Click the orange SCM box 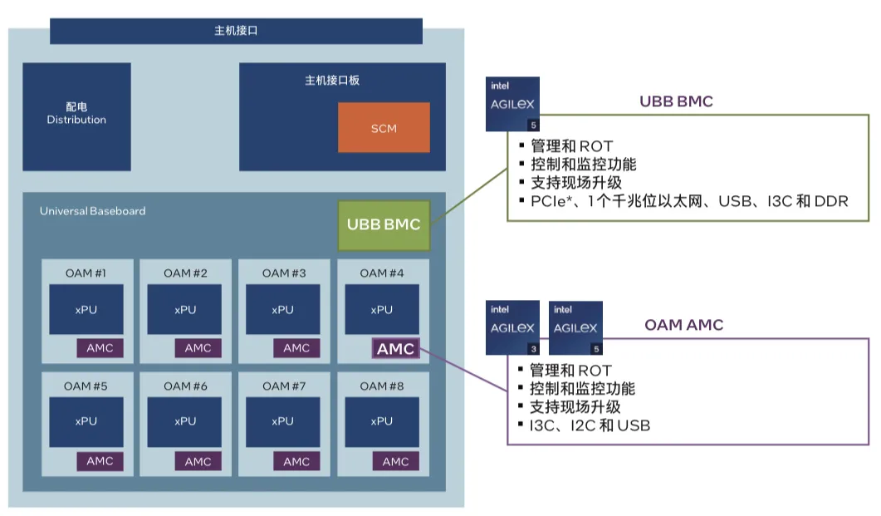[384, 128]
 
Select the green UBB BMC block [384, 225]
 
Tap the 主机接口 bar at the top [237, 31]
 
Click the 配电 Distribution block [76, 116]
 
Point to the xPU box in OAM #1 [86, 309]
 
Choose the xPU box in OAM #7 [282, 421]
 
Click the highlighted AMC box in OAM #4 [395, 349]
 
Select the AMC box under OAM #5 [100, 461]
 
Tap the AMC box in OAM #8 [395, 461]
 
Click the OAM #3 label [284, 273]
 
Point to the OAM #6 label [185, 386]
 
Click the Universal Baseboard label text [92, 211]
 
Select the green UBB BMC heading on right [676, 101]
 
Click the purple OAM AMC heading [683, 325]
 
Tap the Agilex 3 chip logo [512, 328]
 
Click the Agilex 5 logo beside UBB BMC [512, 104]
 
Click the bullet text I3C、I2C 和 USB [590, 425]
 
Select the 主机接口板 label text [332, 81]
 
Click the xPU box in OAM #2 [185, 309]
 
